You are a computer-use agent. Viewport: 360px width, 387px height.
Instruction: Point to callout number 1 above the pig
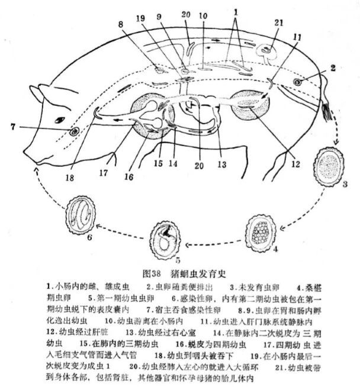click(x=238, y=11)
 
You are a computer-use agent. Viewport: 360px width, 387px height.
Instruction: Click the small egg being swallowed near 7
click(x=74, y=130)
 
